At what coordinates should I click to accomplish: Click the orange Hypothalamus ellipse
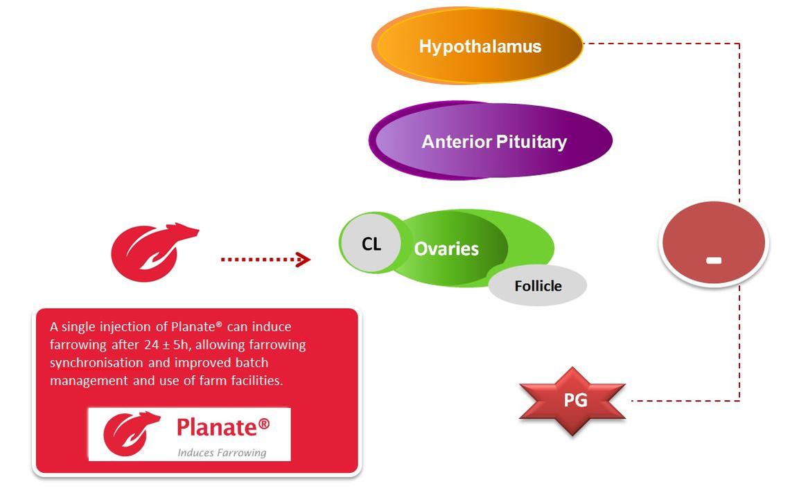pos(478,46)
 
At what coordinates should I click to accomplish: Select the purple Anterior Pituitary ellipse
pos(491,141)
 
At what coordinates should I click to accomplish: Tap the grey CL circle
pos(371,244)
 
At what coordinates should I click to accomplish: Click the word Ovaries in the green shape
pos(446,249)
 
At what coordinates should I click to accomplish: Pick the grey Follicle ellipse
pos(538,286)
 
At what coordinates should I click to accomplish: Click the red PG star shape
pos(574,401)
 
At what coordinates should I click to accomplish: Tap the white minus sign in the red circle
pos(714,260)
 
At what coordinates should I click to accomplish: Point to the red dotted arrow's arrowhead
pos(303,260)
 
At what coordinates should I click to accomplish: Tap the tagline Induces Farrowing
pos(222,453)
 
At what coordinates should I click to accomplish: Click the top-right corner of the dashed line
pos(739,44)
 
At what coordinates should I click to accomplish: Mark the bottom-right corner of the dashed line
pos(739,400)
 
